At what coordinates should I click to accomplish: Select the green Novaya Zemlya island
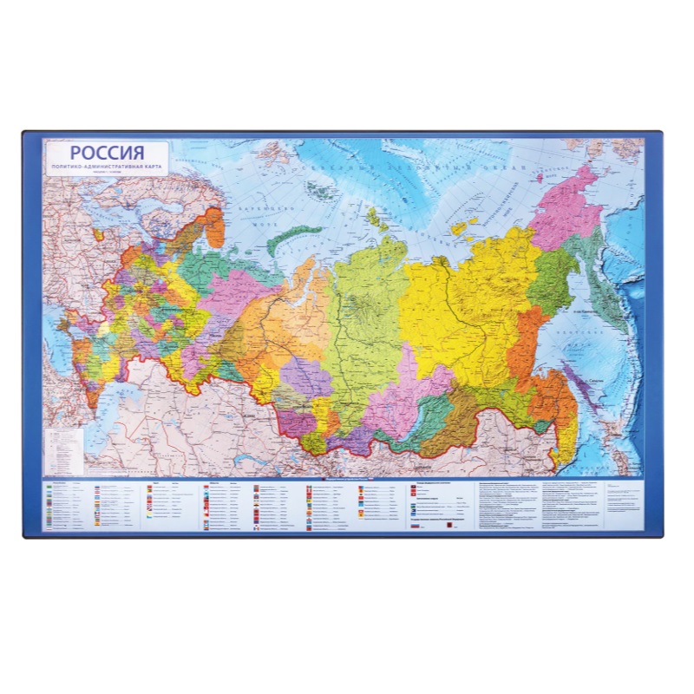click(295, 235)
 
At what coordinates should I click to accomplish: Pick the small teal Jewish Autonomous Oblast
click(542, 426)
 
